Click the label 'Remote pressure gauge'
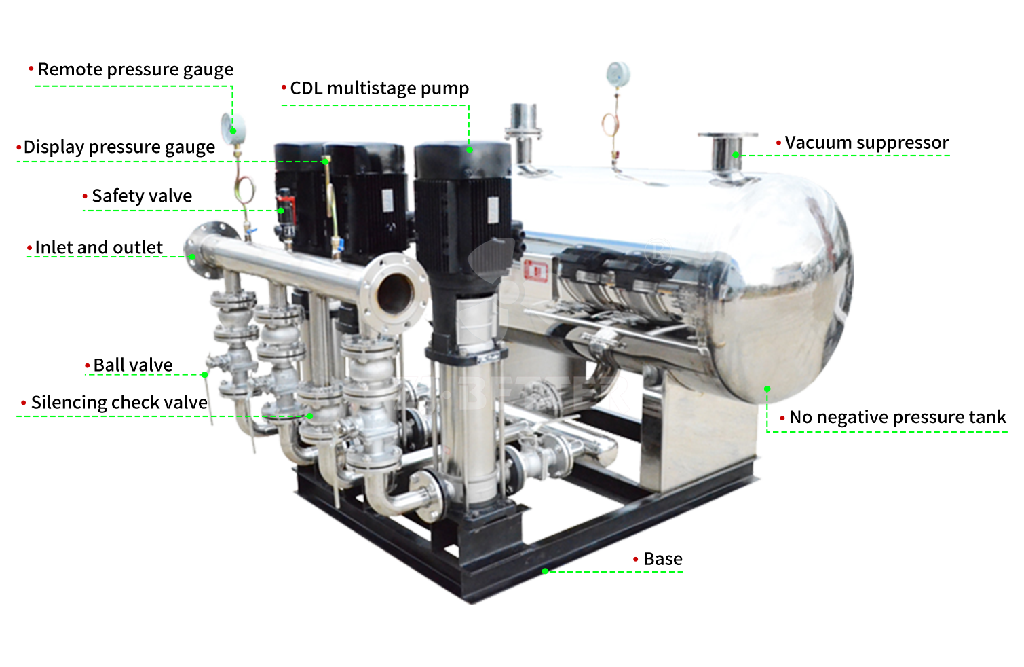pos(135,69)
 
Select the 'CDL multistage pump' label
pos(379,88)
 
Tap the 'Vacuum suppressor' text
pos(867,143)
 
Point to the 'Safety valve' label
pos(142,196)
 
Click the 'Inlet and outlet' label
pos(99,247)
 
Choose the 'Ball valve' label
pos(133,365)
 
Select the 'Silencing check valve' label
pos(119,403)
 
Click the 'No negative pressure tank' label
pos(898,417)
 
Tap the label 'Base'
pos(663,559)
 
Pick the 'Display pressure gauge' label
pos(119,147)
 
